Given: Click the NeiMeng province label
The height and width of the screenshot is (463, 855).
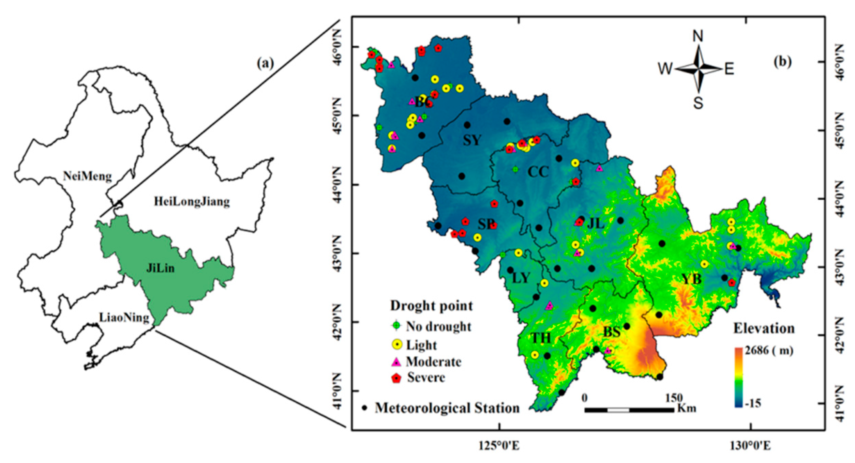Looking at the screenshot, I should [88, 176].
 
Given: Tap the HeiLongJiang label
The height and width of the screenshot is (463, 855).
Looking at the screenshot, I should [192, 201].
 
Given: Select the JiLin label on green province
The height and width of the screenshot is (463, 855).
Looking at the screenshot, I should [160, 268].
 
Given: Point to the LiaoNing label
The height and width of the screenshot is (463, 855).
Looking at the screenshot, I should [124, 318].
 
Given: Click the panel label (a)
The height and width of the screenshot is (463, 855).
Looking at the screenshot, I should [265, 63].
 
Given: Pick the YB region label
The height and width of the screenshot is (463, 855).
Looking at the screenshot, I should [691, 279].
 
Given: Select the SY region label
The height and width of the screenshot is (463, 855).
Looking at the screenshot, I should [472, 140].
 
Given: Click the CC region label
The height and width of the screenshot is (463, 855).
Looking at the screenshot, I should [538, 172].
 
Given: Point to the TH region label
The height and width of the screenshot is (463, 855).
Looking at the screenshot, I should [541, 338].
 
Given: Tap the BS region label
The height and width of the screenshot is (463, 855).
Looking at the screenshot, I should [612, 332].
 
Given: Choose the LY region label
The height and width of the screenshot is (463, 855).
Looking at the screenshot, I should [521, 278].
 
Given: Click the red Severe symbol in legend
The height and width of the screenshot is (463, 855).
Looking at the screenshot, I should [396, 378].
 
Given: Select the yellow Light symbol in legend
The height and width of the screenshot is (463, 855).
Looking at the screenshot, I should [396, 345].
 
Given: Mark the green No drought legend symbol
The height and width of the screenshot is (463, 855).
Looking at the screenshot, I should [396, 326].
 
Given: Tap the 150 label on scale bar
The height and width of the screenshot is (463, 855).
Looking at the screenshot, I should [674, 398].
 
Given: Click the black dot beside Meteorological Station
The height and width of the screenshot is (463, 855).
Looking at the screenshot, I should [365, 408].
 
